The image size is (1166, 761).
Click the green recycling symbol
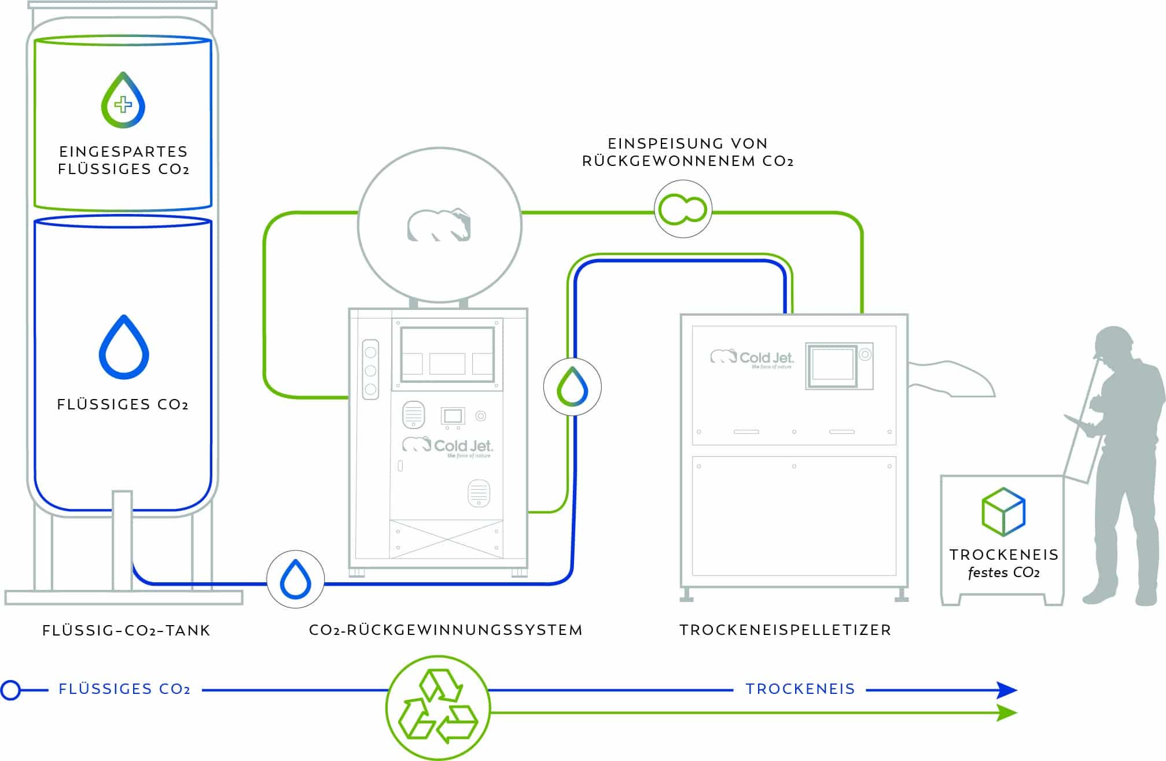tap(438, 707)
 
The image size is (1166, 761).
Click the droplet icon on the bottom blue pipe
tap(295, 579)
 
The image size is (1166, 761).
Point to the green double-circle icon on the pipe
tap(683, 209)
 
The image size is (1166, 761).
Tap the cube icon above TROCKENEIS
tap(1003, 511)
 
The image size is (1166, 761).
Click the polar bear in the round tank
tap(439, 225)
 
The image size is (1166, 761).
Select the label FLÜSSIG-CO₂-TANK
tap(126, 630)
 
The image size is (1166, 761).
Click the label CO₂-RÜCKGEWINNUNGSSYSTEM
tap(446, 630)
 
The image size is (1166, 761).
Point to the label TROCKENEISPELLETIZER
tap(785, 630)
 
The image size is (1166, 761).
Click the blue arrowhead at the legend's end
tap(1006, 690)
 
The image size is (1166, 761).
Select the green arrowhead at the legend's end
tap(1006, 713)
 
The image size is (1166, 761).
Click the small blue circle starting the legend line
tap(10, 690)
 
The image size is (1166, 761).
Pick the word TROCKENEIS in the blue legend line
tap(800, 689)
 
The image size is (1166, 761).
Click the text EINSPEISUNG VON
tap(687, 143)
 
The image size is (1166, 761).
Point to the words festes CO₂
tap(1004, 573)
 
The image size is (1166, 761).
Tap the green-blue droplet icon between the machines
tap(572, 386)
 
